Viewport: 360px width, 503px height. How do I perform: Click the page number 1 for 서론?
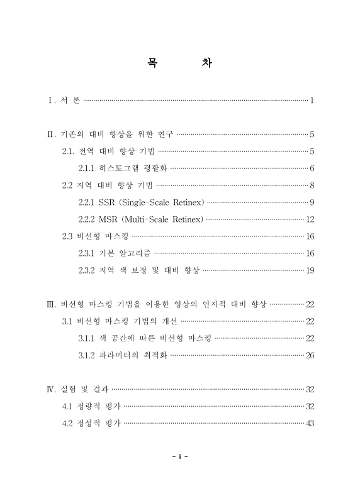(312, 101)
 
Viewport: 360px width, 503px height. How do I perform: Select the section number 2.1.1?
(87, 168)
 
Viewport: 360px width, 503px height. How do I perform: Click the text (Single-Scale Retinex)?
(161, 202)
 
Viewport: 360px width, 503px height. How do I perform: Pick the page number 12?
(310, 219)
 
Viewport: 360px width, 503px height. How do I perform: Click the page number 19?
(310, 270)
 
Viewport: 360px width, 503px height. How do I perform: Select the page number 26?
(310, 355)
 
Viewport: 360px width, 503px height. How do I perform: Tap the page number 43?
(310, 423)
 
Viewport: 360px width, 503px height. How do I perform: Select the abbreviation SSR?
(107, 202)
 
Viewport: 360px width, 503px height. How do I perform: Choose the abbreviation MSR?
(108, 219)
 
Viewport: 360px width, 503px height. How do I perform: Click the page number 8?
(312, 185)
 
